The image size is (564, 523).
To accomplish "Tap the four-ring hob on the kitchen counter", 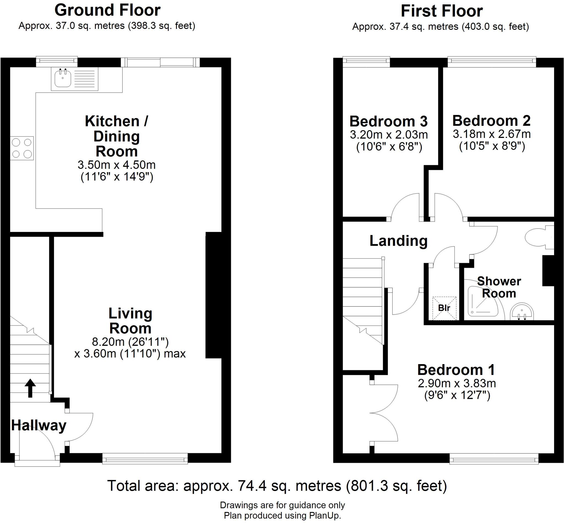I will coord(22,148).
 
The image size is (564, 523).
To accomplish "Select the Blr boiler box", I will coord(444,308).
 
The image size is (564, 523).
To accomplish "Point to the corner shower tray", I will coord(482,302).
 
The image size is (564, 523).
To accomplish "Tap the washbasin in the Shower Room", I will coord(522,311).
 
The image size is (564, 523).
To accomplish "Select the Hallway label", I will coord(39,425).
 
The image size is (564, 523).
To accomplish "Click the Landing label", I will coord(398,241).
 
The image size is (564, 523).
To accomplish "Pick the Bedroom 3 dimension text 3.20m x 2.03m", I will coord(389,135).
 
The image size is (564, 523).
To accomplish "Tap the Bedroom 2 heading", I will coord(491,121).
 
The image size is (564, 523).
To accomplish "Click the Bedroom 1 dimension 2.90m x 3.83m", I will coord(457,383).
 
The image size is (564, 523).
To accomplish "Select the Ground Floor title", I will coord(107,10).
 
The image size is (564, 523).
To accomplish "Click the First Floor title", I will coord(441,11).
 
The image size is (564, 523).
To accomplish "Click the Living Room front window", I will coord(145,458).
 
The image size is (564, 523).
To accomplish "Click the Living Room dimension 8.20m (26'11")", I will coord(130,342).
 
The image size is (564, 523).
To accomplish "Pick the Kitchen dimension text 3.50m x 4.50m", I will coord(116,165).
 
